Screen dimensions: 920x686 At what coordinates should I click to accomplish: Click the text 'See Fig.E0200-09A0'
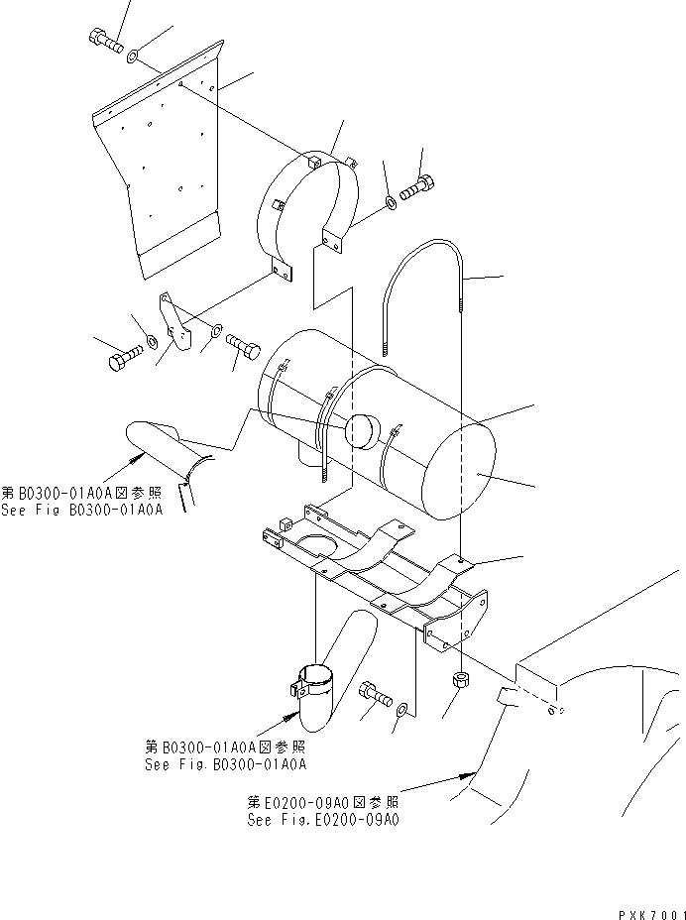[324, 820]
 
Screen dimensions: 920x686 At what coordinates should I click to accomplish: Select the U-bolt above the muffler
[422, 287]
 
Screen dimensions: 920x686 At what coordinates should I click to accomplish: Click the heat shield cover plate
[169, 178]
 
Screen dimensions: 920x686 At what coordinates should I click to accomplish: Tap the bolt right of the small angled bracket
[243, 347]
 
